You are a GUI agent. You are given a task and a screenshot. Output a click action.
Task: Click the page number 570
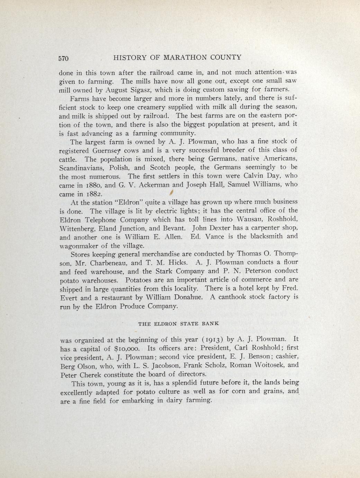pyautogui.click(x=64, y=58)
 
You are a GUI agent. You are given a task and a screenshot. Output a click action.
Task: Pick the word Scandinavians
pyautogui.click(x=84, y=168)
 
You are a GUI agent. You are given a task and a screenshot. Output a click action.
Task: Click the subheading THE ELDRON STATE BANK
pyautogui.click(x=179, y=324)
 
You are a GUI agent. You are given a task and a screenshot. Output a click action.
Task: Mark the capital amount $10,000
pyautogui.click(x=128, y=348)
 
